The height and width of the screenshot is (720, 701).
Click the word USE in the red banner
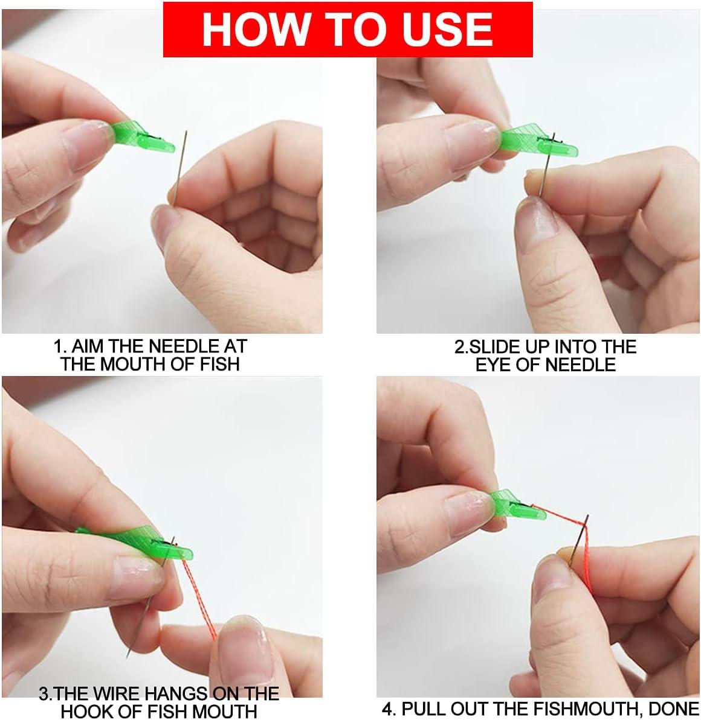click(450, 29)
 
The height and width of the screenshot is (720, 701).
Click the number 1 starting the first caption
click(59, 346)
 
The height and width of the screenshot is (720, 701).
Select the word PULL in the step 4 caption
click(424, 708)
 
